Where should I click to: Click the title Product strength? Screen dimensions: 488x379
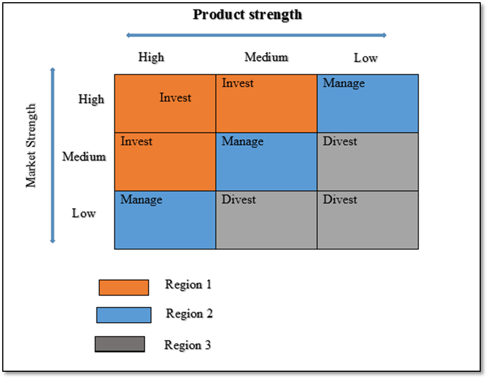pyautogui.click(x=247, y=14)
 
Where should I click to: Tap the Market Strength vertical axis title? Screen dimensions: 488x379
pyautogui.click(x=31, y=145)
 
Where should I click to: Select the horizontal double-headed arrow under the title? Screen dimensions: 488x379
pyautogui.click(x=256, y=35)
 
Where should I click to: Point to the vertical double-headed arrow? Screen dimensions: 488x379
pyautogui.click(x=52, y=155)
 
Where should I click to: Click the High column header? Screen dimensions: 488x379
pyautogui.click(x=152, y=57)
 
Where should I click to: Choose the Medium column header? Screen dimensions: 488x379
pyautogui.click(x=266, y=57)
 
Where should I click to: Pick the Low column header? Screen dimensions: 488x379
pyautogui.click(x=365, y=58)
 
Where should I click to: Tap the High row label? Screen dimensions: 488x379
pyautogui.click(x=91, y=99)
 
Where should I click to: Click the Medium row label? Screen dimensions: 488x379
pyautogui.click(x=84, y=156)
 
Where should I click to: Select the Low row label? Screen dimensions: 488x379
pyautogui.click(x=84, y=213)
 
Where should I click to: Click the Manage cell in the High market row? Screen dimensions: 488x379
pyautogui.click(x=368, y=104)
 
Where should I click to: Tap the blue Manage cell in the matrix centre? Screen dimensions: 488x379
pyautogui.click(x=266, y=162)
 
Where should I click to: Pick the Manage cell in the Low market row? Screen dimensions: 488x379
pyautogui.click(x=165, y=220)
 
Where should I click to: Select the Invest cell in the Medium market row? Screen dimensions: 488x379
pyautogui.click(x=165, y=162)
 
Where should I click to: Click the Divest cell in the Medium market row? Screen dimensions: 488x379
pyautogui.click(x=368, y=162)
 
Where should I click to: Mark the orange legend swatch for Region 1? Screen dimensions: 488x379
pyautogui.click(x=124, y=288)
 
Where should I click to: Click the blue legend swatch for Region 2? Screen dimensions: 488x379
pyautogui.click(x=124, y=315)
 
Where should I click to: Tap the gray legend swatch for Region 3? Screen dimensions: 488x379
pyautogui.click(x=120, y=344)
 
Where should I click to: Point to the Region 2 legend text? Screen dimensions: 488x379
pyautogui.click(x=189, y=314)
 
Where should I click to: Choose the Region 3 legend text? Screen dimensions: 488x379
pyautogui.click(x=188, y=345)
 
